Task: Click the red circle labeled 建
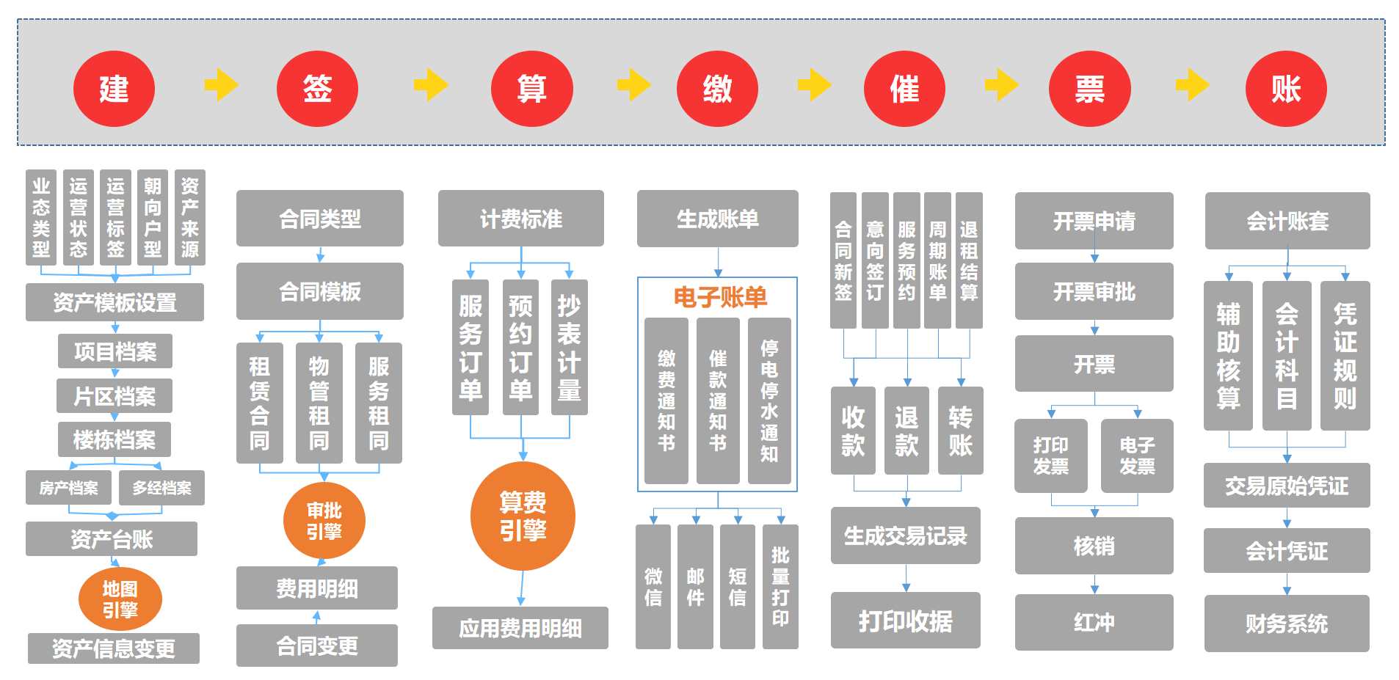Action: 114,89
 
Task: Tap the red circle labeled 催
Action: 904,89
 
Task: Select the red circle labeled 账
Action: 1286,89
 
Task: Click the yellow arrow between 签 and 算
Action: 431,85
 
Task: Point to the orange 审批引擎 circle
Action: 324,521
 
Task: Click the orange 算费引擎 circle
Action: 523,516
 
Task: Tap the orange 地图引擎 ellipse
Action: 120,599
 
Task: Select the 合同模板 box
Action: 319,291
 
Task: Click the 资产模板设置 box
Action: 115,302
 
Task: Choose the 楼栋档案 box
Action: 115,439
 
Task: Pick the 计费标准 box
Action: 520,219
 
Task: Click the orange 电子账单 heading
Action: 719,297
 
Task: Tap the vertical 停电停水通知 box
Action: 769,401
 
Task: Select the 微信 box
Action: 653,586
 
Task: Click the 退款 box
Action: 906,431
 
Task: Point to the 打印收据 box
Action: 905,621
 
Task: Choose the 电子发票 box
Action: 1137,456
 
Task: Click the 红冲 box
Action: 1094,622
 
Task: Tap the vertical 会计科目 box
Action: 1286,356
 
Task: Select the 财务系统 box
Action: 1286,624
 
